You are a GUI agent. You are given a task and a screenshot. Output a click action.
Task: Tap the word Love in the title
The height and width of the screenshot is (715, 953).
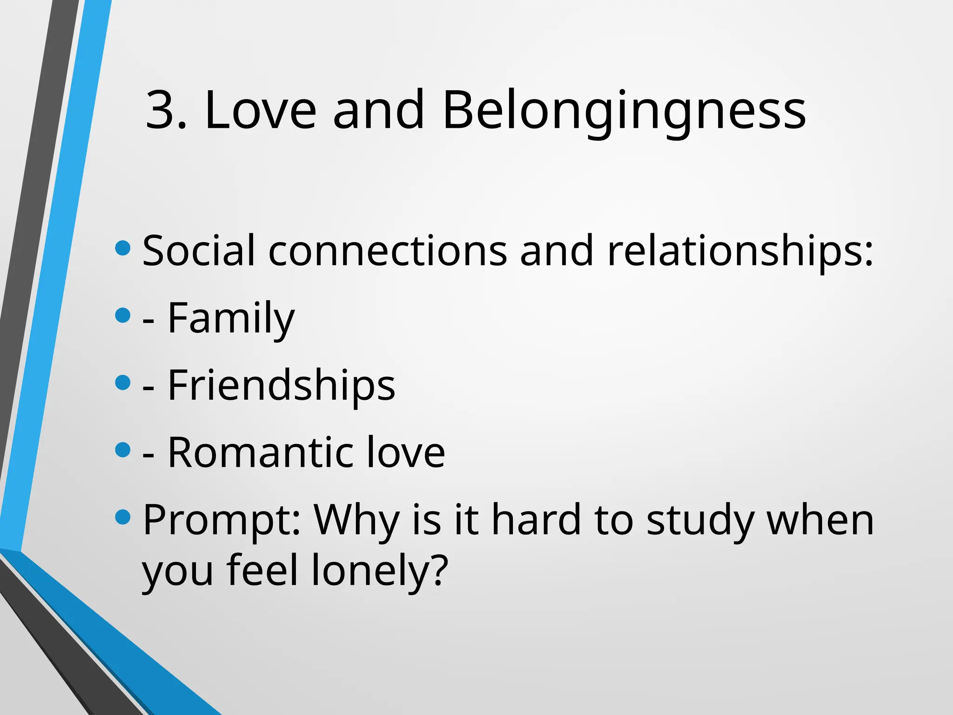point(261,110)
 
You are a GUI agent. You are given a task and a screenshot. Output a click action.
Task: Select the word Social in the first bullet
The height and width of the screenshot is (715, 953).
point(199,251)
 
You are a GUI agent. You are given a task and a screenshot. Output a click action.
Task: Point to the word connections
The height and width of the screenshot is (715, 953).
point(388,251)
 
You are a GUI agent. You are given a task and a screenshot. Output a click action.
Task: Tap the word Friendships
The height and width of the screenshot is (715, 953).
point(281,386)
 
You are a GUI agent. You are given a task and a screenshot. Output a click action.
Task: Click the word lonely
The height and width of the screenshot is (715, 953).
point(379,572)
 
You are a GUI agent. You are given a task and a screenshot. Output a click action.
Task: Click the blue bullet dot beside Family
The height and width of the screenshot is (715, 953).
point(122,316)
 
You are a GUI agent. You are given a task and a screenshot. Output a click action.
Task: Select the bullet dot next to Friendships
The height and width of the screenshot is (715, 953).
point(122,383)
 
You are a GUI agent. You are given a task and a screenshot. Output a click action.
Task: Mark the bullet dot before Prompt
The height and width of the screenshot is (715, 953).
point(122,517)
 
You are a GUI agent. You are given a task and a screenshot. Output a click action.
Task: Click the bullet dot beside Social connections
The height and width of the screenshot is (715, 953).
point(122,248)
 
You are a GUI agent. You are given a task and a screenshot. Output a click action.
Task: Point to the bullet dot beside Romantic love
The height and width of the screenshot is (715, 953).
point(122,450)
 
